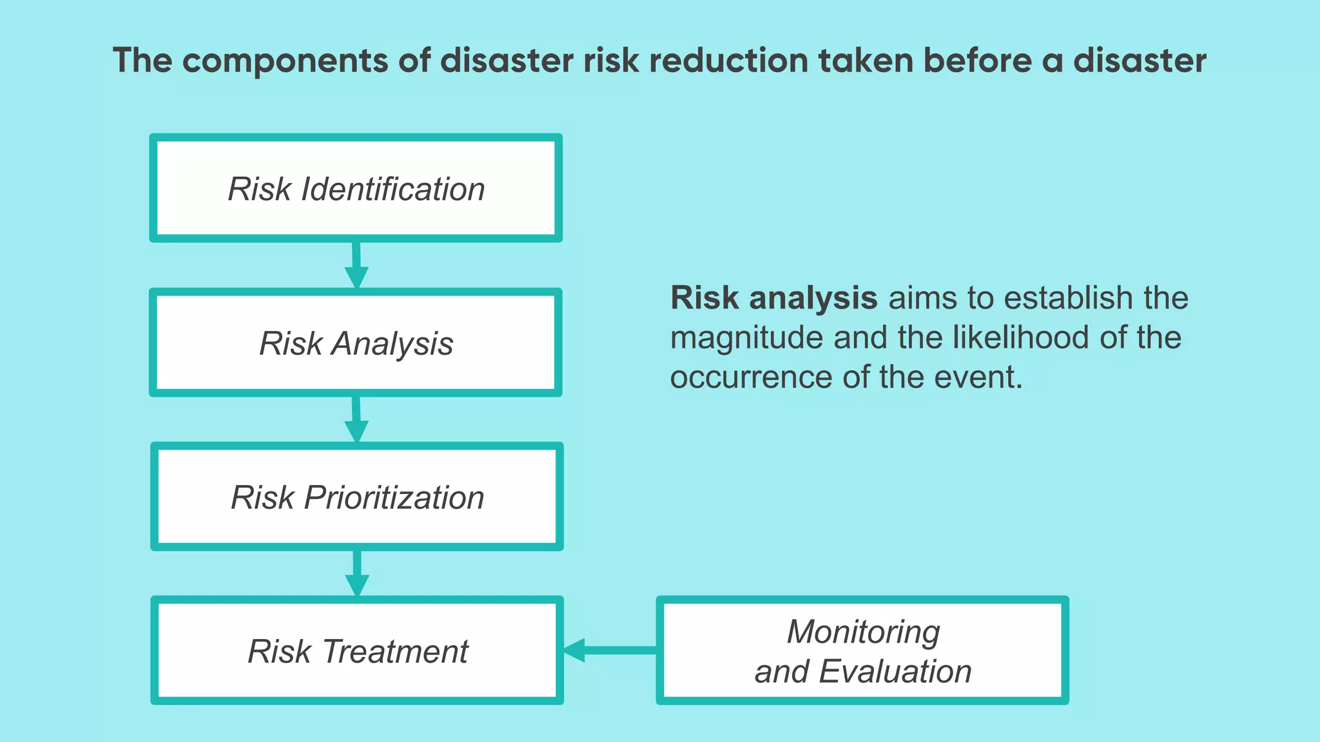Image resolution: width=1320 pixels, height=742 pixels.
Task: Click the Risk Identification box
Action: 356,188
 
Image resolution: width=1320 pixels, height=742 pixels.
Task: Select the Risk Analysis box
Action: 356,343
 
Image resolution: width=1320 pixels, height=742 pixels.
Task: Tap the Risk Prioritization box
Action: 357,497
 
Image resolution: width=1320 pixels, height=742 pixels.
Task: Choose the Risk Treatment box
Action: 357,651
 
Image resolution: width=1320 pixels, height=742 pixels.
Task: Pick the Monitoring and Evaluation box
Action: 862,651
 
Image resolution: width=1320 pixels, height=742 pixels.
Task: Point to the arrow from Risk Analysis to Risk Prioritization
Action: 356,419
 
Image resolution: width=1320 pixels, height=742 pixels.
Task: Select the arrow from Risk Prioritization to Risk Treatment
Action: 357,573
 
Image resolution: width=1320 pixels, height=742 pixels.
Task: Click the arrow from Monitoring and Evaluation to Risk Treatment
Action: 609,650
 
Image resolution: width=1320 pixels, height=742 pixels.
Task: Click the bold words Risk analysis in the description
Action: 773,298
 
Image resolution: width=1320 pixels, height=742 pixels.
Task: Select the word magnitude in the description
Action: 746,338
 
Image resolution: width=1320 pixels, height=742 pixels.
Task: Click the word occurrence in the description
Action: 751,377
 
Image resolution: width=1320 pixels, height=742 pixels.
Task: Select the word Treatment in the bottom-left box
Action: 394,651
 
